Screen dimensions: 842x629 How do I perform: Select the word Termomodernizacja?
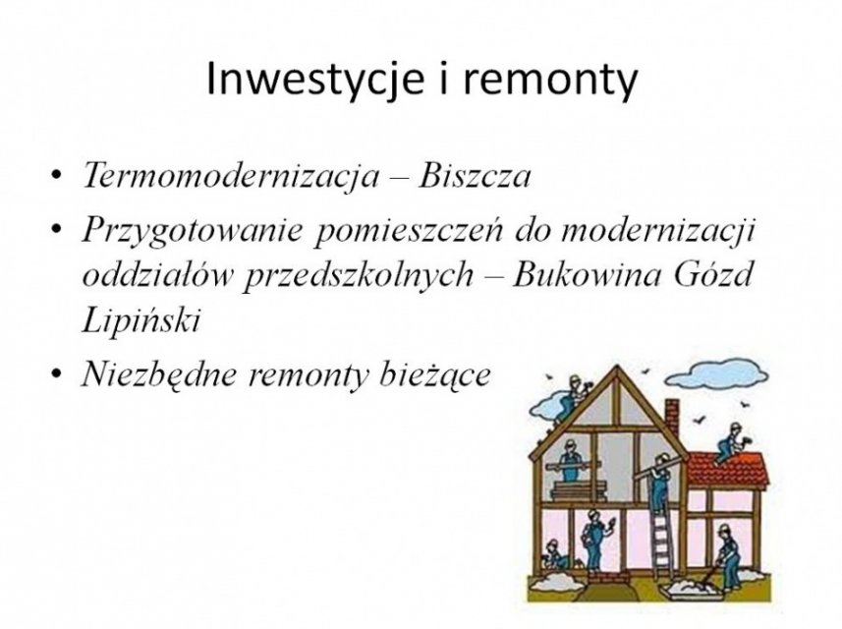(x=230, y=176)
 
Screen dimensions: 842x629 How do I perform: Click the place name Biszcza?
(x=475, y=175)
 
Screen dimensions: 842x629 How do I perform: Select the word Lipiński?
(x=140, y=321)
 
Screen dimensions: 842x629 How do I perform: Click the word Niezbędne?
(x=159, y=373)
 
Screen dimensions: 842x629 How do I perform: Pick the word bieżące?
(x=434, y=374)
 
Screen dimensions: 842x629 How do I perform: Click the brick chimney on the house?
(x=671, y=419)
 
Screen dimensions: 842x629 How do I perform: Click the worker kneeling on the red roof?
(x=730, y=441)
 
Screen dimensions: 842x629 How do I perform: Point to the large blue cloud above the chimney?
(x=718, y=373)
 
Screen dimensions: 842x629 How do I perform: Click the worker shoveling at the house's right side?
(x=727, y=556)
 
